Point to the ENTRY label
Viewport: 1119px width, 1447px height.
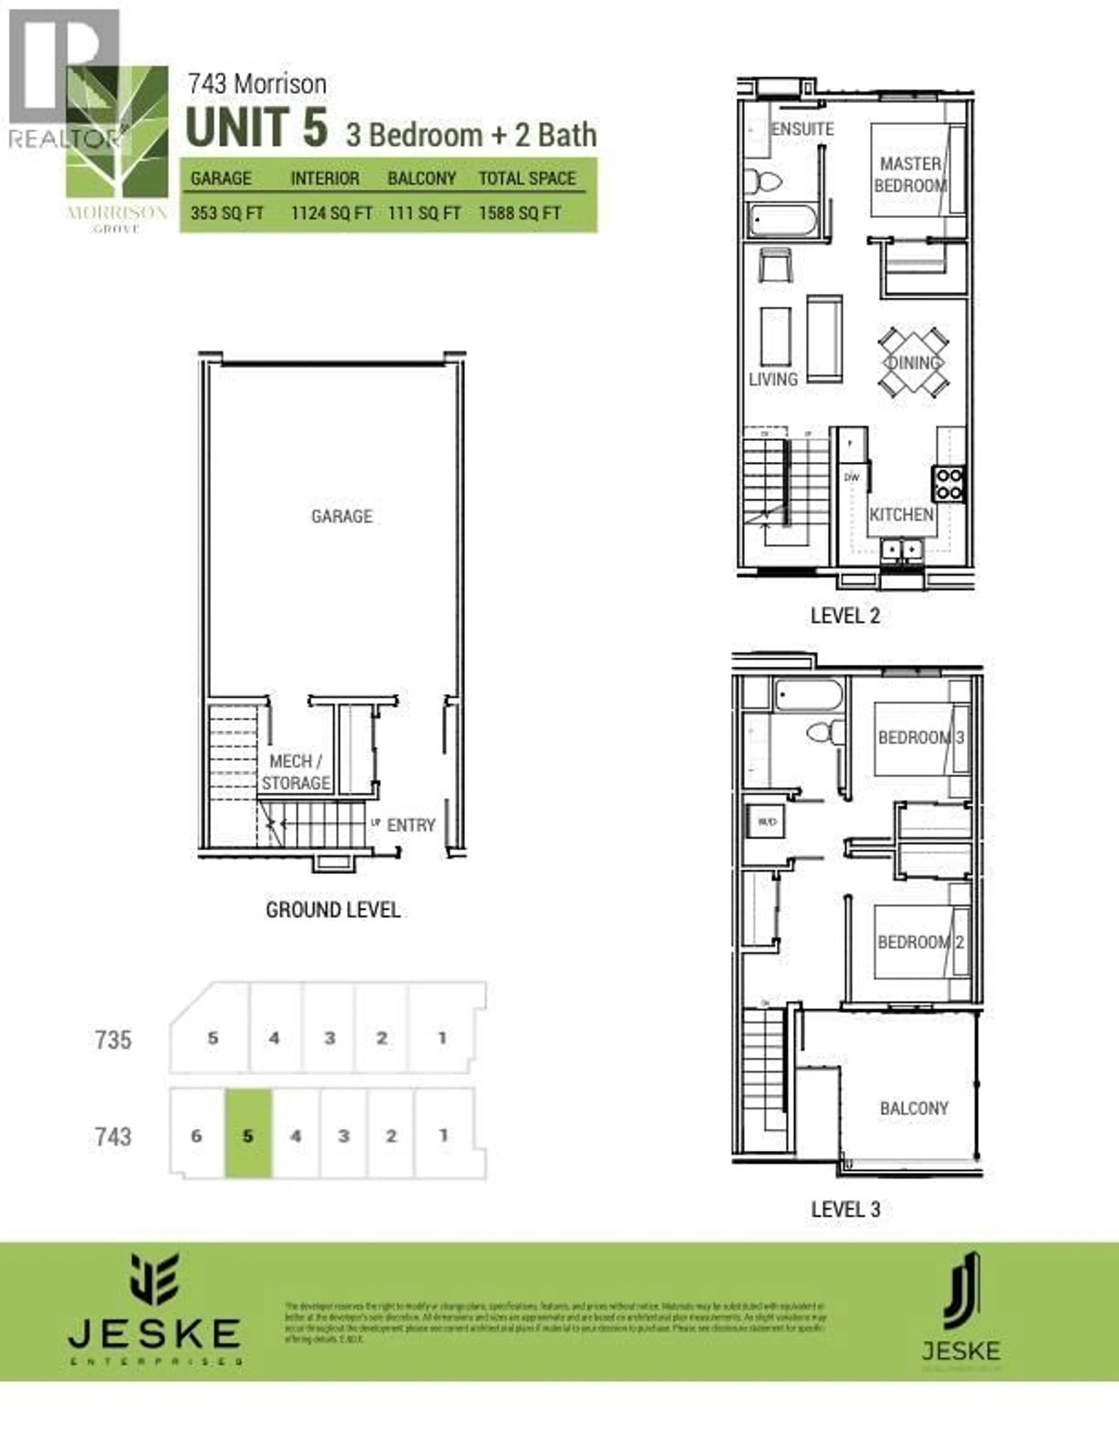(411, 825)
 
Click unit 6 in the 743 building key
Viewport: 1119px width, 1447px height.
(196, 1136)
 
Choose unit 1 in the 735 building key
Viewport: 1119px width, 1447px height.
(442, 1038)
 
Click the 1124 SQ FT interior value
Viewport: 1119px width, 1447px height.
(331, 213)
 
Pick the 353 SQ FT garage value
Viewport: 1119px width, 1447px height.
(227, 213)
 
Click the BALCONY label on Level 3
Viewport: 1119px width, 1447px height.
(914, 1108)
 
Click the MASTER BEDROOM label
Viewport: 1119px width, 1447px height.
(910, 174)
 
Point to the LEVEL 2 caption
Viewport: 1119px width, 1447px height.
(845, 616)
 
